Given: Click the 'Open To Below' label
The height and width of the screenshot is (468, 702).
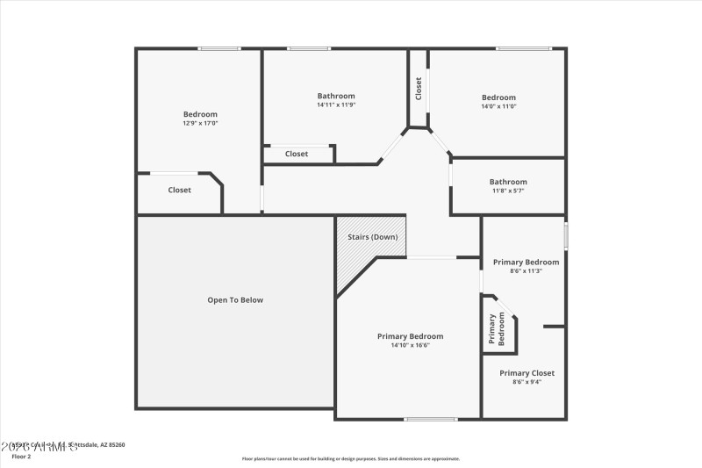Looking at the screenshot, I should [x=235, y=300].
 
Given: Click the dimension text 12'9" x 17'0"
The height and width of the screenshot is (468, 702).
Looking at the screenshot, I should [x=200, y=123].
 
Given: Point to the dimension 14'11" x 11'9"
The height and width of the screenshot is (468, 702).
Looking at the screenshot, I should [x=336, y=104].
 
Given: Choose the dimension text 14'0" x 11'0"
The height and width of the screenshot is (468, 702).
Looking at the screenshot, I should [x=498, y=106].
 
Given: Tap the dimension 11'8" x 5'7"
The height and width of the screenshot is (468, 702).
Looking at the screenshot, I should [x=508, y=191].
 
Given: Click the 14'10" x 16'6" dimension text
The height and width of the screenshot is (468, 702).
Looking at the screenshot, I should [x=410, y=345].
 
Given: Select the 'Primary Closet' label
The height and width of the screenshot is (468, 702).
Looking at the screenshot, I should [x=527, y=373].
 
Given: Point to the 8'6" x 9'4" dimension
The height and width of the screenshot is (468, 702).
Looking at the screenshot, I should [x=527, y=382].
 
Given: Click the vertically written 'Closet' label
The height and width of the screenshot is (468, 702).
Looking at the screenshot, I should [x=419, y=89].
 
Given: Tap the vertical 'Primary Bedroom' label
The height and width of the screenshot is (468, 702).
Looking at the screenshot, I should [x=498, y=329].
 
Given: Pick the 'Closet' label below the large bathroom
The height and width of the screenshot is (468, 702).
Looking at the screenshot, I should [x=297, y=154].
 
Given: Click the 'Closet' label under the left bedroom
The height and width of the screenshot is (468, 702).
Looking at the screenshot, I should [x=180, y=190].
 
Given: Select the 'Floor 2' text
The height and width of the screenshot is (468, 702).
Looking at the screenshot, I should [x=21, y=457].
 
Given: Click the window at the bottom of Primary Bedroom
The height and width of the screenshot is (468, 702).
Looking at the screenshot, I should [x=430, y=419].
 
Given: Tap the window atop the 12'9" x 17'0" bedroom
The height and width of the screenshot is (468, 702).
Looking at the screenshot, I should [x=218, y=48].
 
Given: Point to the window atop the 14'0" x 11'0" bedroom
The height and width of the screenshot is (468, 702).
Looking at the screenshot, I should [x=523, y=48].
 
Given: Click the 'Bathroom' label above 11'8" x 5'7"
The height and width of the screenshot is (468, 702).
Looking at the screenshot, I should [x=508, y=182].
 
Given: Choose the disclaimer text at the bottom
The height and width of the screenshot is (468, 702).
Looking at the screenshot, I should [x=351, y=458].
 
